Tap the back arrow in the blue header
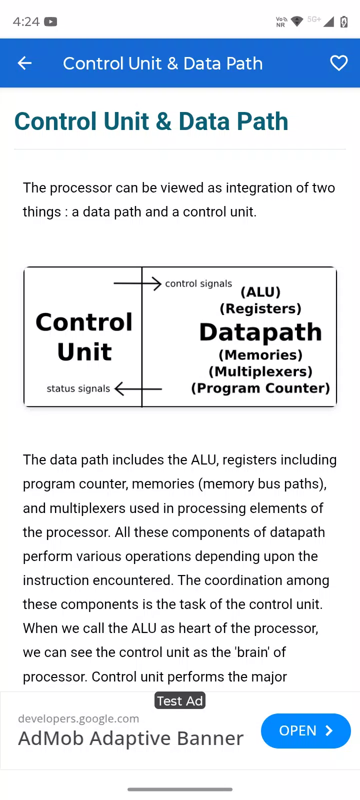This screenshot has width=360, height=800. pos(24,63)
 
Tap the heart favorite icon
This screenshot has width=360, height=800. pos(338,63)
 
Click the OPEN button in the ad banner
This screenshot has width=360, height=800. pos(305,730)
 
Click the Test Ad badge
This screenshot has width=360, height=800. pos(180,700)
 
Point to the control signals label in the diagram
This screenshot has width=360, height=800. pos(198,283)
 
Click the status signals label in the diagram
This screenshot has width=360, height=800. pos(78,388)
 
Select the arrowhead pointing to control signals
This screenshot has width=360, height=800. pos(157,283)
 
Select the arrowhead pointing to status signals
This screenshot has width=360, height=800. pos(119,388)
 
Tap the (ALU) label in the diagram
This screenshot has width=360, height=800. pos(260,292)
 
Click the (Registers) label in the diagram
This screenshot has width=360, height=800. pos(260,308)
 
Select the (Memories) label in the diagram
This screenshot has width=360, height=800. pos(260,355)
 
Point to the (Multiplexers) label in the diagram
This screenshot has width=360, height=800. pos(260,371)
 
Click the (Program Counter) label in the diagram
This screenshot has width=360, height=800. pos(260,388)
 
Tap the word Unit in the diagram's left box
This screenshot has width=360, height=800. pos(84,352)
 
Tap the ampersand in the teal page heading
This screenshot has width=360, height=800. pos(163,121)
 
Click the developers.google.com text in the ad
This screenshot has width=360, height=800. pos(78,718)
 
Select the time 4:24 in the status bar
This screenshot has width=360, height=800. pos(26,22)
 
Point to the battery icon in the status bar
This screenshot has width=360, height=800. pos(344,21)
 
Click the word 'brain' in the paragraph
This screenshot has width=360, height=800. pos(252,652)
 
